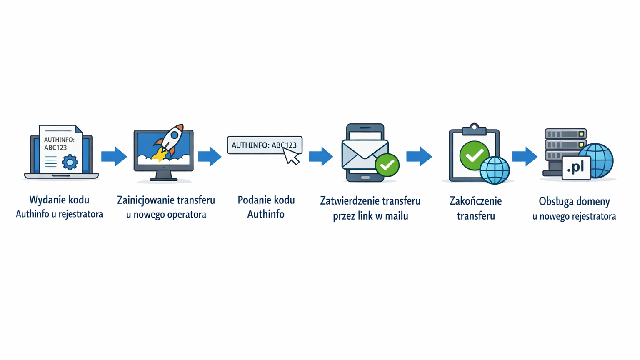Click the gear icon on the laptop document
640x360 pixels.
pos(70,162)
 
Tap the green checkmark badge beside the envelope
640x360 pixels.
pos(387,165)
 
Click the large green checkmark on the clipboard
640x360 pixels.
pos(474,155)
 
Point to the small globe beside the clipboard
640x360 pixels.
pos(495,170)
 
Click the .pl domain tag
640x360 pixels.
pos(576,167)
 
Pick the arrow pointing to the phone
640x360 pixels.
pos(321,157)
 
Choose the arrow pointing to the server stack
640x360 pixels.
pos(525,157)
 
